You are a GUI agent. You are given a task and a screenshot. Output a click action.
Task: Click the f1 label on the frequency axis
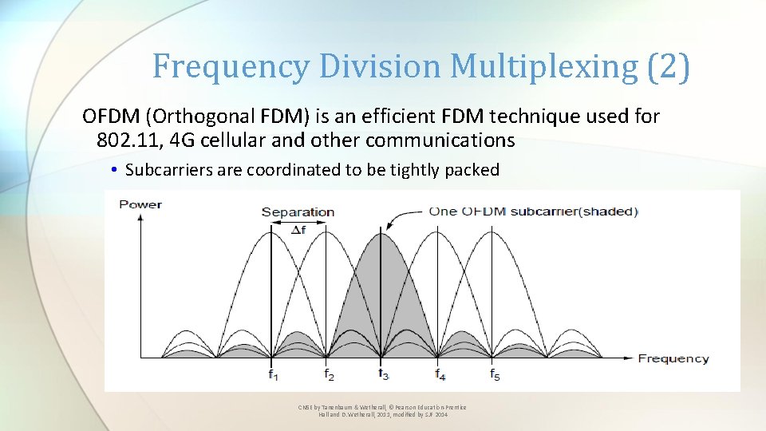click(x=273, y=374)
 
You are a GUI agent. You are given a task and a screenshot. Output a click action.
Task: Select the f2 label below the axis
click(x=329, y=374)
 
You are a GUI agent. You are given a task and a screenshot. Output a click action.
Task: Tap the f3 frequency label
click(x=384, y=374)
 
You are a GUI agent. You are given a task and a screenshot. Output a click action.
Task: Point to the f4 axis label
click(x=440, y=374)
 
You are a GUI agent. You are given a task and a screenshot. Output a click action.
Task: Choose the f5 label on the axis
click(x=495, y=374)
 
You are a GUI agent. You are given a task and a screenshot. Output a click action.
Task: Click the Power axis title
click(x=140, y=204)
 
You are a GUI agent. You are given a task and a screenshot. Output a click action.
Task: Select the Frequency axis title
click(x=673, y=358)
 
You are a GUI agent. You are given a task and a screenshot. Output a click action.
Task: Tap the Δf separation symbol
click(x=298, y=229)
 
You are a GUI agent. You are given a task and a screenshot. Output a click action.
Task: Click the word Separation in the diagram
click(x=298, y=212)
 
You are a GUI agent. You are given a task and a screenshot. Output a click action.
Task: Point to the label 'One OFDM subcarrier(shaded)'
click(x=533, y=212)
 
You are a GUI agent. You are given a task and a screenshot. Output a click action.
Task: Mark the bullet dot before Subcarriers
click(x=116, y=170)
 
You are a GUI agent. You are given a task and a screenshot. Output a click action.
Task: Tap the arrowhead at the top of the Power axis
click(x=140, y=216)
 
